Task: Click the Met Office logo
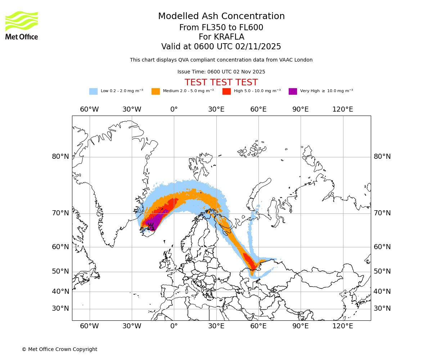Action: tap(22, 25)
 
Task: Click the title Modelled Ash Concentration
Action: tap(221, 17)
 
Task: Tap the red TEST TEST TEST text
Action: tap(221, 83)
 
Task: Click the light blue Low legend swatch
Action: tap(93, 91)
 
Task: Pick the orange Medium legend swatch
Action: tap(156, 91)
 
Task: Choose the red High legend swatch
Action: tap(226, 91)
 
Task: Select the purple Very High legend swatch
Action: tap(293, 91)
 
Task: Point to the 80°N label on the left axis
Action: tap(60, 157)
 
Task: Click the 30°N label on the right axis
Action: tap(382, 309)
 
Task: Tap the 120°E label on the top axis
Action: tap(343, 109)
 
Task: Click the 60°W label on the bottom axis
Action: tap(89, 326)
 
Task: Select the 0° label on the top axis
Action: tap(174, 109)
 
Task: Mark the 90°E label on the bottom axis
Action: tap(300, 326)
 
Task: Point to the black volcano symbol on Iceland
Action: tap(150, 226)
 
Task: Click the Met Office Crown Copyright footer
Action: tap(59, 349)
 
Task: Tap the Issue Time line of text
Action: tap(221, 72)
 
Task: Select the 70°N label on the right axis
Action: tap(382, 213)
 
